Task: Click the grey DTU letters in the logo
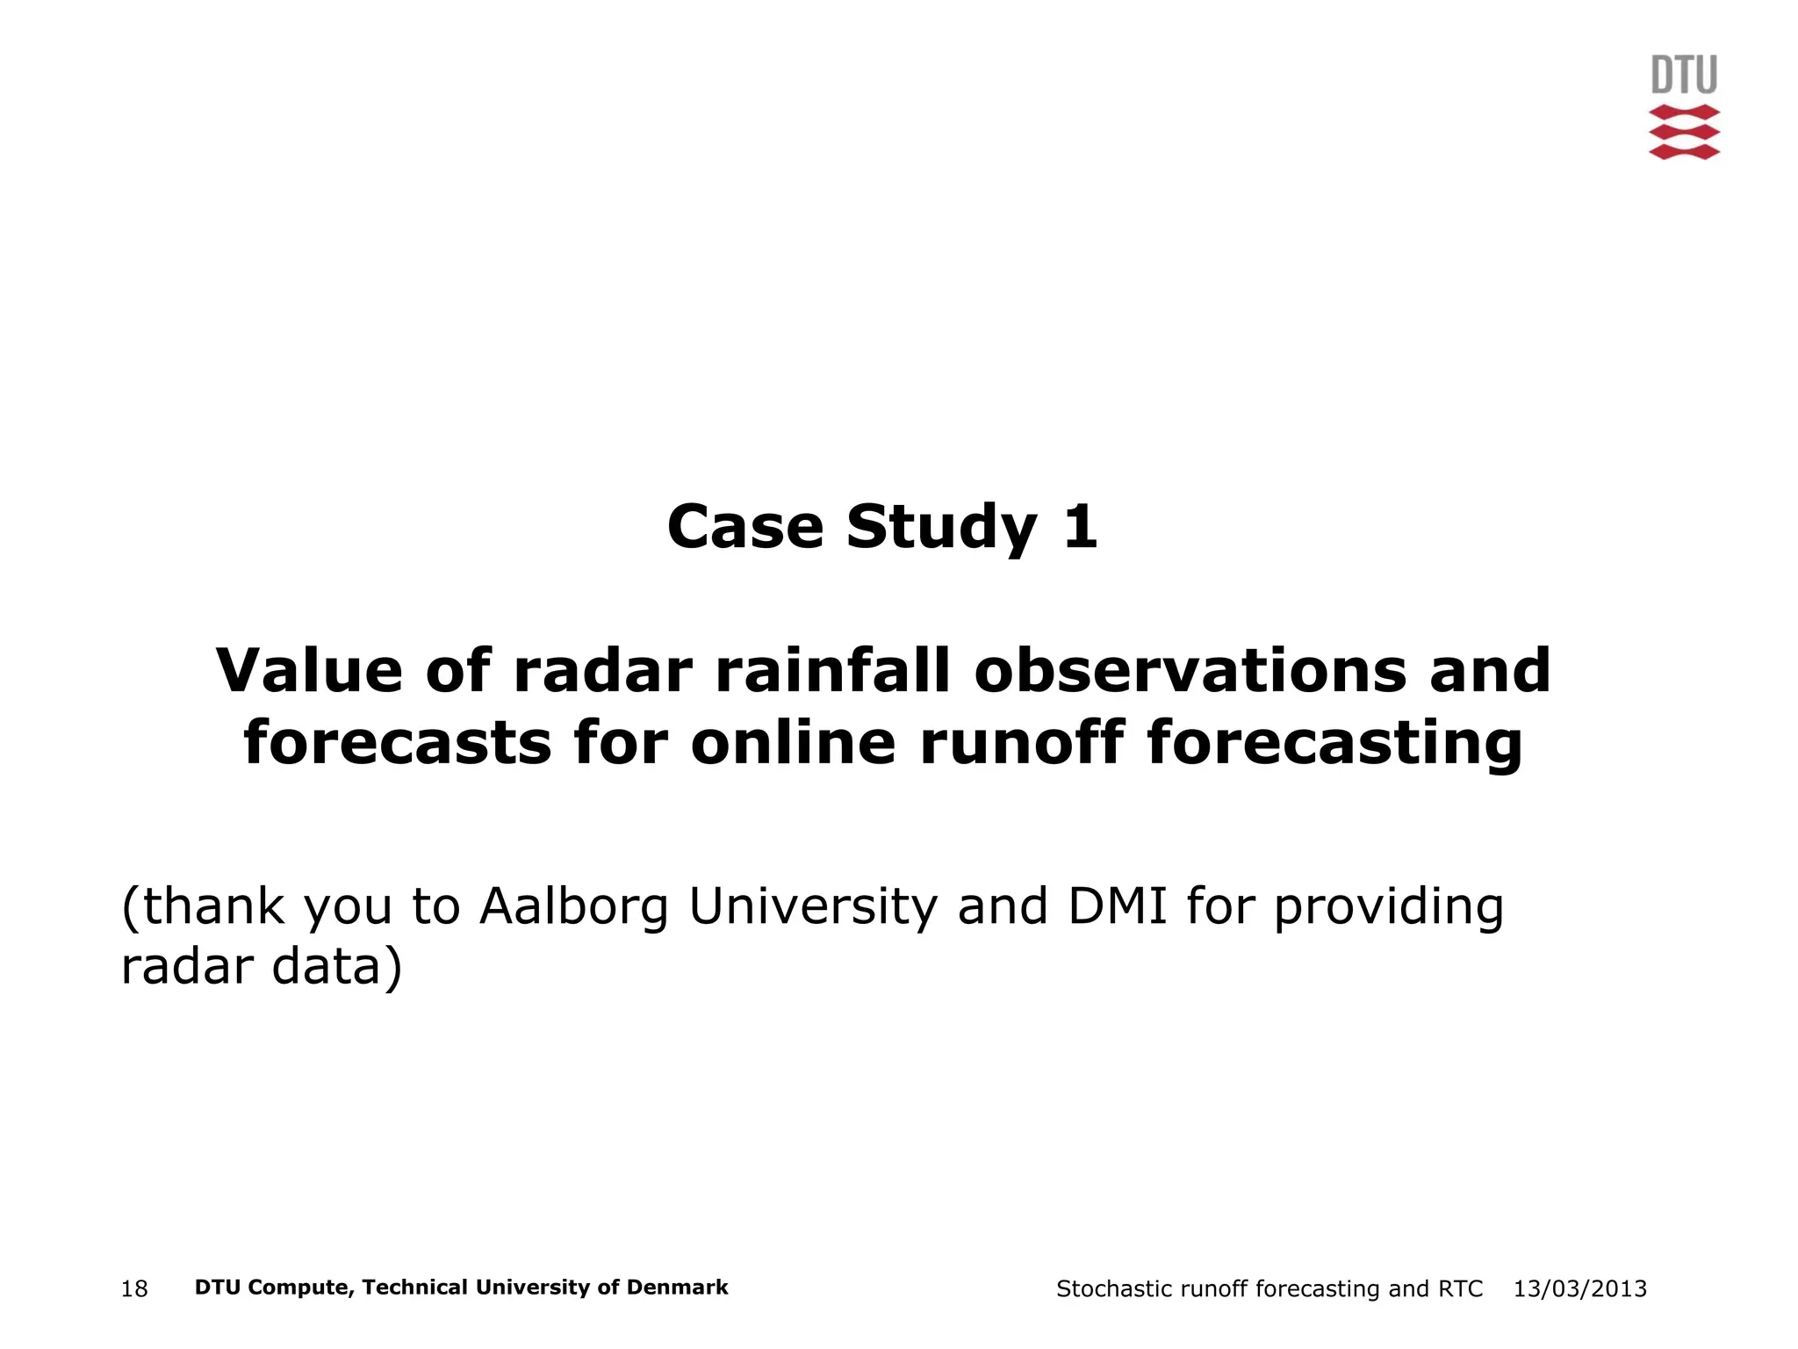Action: click(1684, 76)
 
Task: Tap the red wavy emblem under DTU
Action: click(1684, 132)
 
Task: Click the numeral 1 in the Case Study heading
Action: click(1080, 527)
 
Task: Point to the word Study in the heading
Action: click(942, 529)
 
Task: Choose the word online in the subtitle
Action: click(794, 743)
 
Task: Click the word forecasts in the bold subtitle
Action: click(397, 743)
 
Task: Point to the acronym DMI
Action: click(1118, 906)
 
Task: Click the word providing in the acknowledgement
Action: click(1389, 908)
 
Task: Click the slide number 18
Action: click(134, 1289)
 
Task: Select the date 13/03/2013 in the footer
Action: click(1580, 1288)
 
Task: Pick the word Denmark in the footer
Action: click(679, 1288)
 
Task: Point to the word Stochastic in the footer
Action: click(1114, 1288)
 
